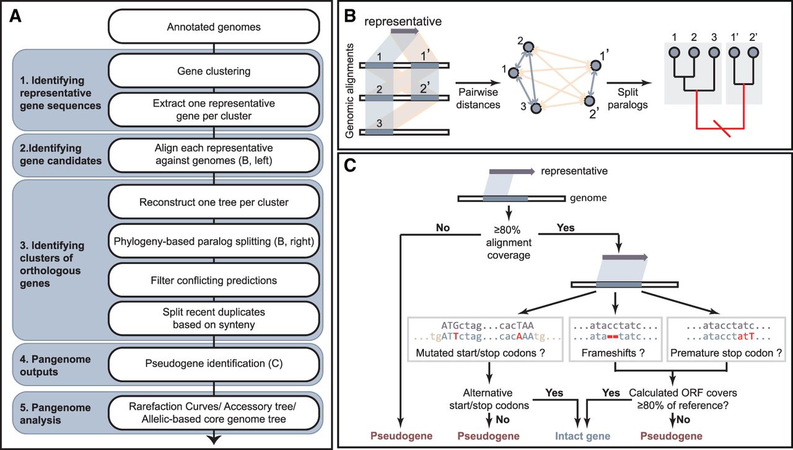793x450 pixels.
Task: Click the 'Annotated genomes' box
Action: (214, 27)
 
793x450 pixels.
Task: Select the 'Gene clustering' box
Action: (214, 71)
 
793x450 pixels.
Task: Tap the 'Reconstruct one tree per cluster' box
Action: (214, 203)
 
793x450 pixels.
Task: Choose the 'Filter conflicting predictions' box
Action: (214, 281)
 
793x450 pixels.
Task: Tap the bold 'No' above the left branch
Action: (442, 227)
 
